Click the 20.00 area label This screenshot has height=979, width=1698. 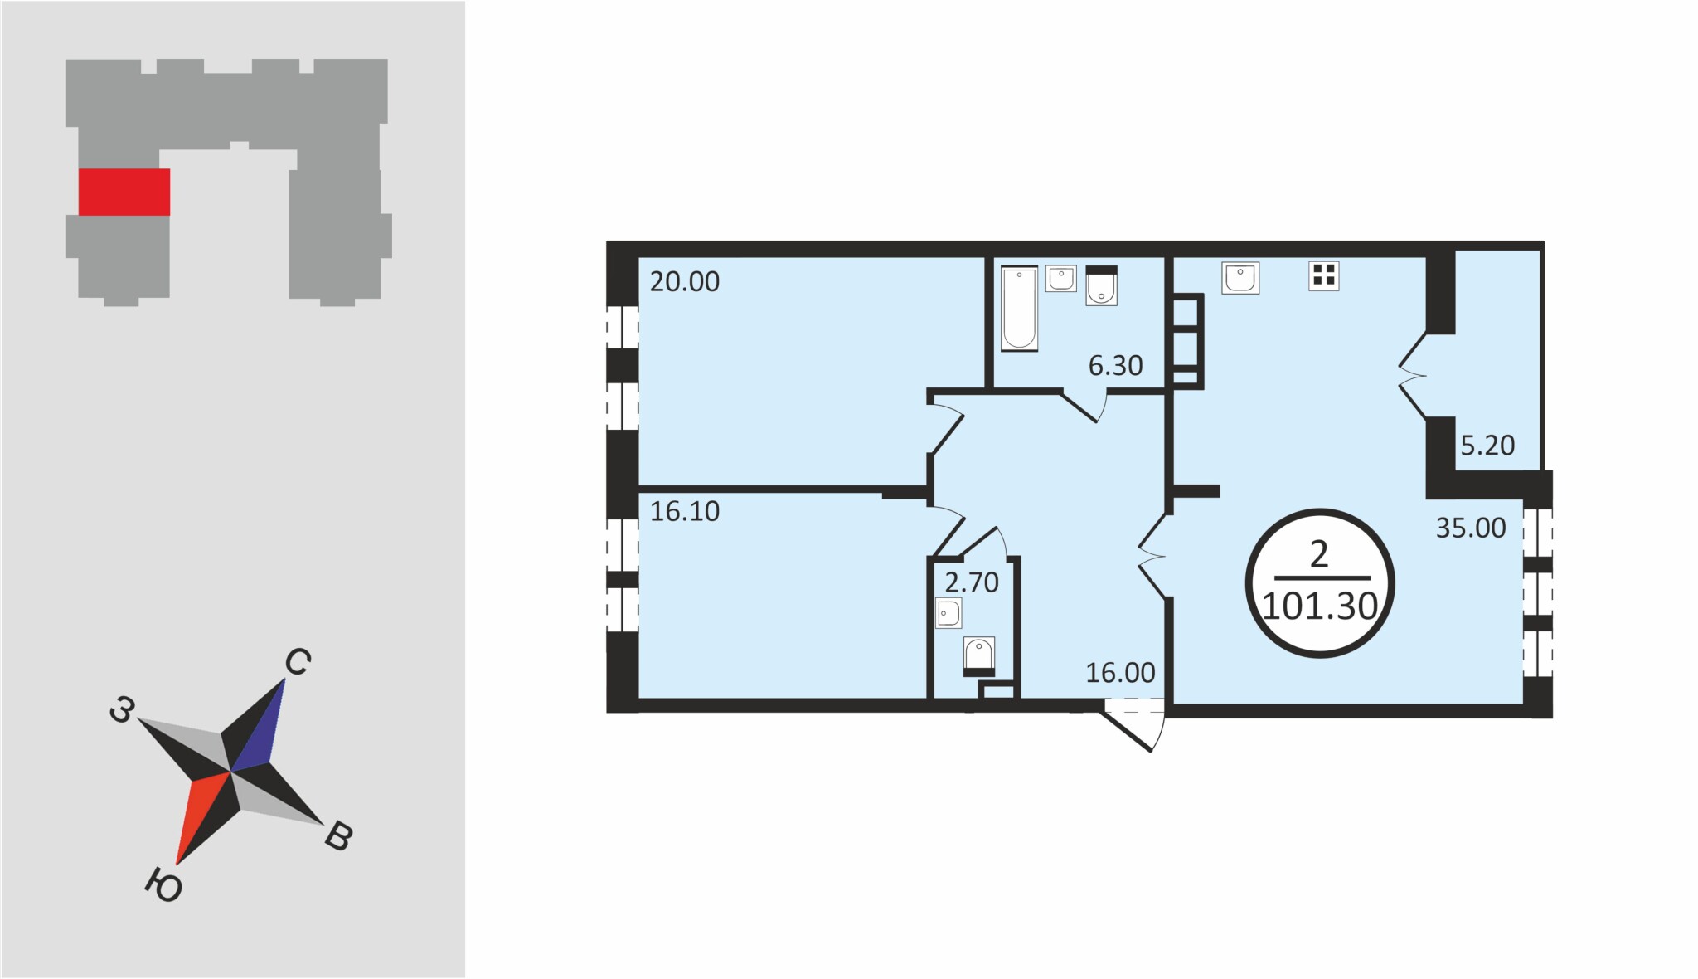coord(685,282)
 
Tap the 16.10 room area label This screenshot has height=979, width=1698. coord(685,511)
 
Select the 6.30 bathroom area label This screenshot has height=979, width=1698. coord(1115,365)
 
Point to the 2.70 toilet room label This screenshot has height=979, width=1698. coord(972,582)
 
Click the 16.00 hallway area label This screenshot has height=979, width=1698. coord(1120,673)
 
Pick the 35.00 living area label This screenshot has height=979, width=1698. coord(1471,528)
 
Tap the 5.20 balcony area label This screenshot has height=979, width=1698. coord(1487,446)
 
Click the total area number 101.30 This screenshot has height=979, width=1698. coord(1320,607)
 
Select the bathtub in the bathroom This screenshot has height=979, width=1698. coord(1019,308)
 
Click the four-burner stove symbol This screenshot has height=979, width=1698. coord(1324,275)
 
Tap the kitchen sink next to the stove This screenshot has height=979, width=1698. coord(1240,277)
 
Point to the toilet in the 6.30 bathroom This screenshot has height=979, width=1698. coord(1102,285)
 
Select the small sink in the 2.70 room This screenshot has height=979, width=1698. coord(948,613)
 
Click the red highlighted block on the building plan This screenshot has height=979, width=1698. coord(124,192)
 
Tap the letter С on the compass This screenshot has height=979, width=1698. coord(298,662)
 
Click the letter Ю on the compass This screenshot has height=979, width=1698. coord(163,885)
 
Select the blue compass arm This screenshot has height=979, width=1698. coord(260,725)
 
